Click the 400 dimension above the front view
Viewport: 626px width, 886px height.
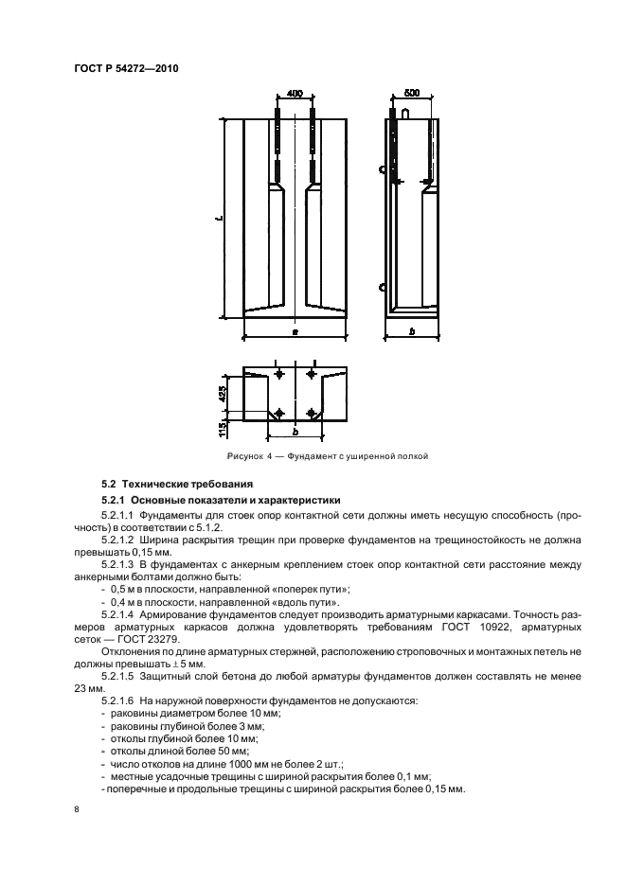(294, 94)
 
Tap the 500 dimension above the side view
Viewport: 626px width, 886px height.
(411, 94)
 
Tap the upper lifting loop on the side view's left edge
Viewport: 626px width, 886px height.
(382, 170)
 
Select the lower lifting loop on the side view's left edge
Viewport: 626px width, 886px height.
(382, 287)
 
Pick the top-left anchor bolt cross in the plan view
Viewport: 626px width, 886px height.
(278, 376)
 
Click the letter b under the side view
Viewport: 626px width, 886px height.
(412, 331)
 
